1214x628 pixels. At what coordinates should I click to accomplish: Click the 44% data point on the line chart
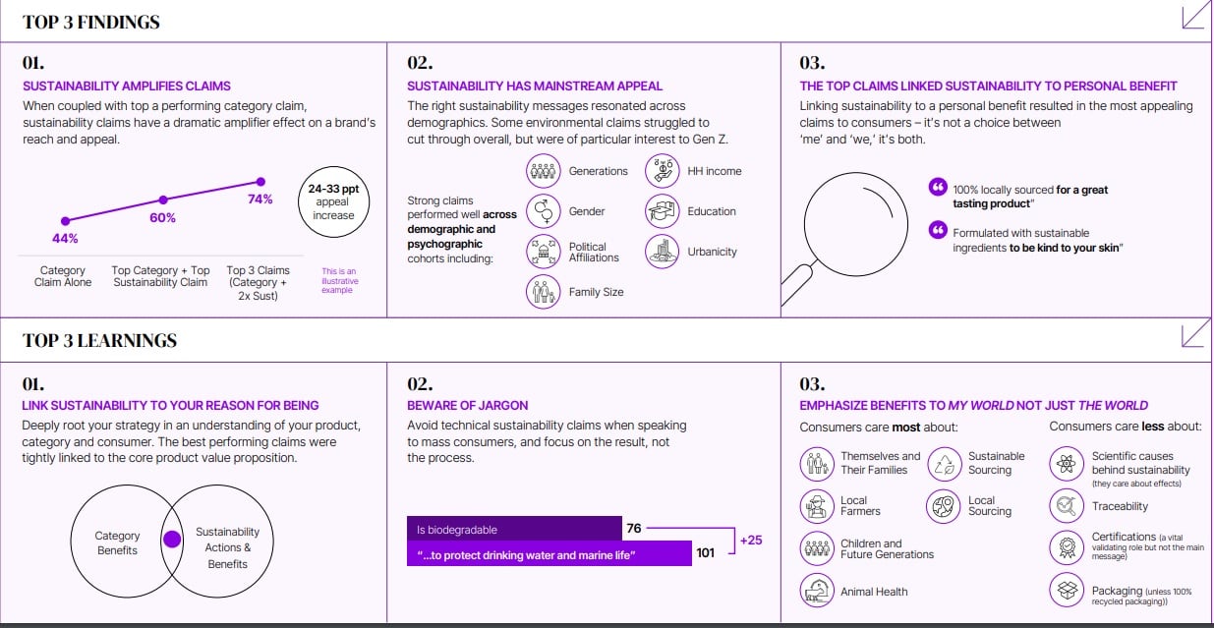coord(66,221)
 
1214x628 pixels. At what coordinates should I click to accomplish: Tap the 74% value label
coord(260,200)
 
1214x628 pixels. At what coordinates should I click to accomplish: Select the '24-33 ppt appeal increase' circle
coord(334,201)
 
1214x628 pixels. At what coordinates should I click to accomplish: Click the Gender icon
coord(543,211)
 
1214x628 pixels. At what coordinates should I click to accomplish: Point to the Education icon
coord(662,211)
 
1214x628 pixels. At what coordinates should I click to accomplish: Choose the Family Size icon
coord(543,292)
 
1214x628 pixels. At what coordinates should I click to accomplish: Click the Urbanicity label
coord(712,252)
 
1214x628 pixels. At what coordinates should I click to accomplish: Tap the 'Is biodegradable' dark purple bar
coord(514,529)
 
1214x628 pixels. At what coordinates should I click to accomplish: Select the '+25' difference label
coord(751,541)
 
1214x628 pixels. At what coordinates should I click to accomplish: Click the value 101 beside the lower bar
coord(705,553)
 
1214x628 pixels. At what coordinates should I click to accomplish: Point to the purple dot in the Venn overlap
coord(172,540)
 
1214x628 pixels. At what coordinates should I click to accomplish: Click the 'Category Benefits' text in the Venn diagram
coord(117,542)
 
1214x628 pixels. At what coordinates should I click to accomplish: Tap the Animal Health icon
coord(817,590)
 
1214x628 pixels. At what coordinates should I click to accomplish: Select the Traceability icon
coord(1067,506)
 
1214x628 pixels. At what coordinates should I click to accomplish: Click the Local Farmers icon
coord(817,506)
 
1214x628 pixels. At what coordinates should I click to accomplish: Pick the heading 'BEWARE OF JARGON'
coord(467,405)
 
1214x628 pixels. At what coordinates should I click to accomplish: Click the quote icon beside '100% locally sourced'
coord(938,187)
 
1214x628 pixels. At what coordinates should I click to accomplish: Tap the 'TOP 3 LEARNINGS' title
coord(99,340)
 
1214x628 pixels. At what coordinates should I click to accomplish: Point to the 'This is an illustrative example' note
coord(340,281)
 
